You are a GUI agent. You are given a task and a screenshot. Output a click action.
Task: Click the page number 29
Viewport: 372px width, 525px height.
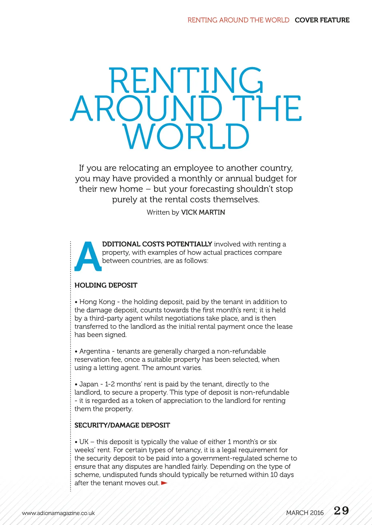341,511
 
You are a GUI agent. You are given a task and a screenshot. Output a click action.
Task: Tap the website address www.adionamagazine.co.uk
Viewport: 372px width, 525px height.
58,513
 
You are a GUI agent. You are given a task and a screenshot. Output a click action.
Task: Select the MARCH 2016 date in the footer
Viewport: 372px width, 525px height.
304,513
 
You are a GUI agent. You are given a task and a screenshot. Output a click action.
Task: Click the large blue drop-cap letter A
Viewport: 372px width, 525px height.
88,256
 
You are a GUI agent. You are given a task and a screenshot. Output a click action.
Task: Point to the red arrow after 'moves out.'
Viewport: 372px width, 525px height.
164,483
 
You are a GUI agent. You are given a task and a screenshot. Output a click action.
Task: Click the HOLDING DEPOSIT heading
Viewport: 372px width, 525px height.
106,285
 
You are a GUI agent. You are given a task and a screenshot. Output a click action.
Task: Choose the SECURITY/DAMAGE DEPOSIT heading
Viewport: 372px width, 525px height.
122,425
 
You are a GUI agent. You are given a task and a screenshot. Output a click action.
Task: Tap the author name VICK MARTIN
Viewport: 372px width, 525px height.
203,212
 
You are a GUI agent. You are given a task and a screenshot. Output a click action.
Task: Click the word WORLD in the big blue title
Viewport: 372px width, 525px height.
186,137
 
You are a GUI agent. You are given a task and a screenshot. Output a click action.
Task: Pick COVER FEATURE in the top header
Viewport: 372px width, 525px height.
322,20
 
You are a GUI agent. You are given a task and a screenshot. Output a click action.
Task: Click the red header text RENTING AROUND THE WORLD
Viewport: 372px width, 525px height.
238,20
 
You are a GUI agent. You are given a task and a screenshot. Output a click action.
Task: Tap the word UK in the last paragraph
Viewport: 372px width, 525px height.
84,442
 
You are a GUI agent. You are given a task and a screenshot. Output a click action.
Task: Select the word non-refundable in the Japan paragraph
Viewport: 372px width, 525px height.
267,392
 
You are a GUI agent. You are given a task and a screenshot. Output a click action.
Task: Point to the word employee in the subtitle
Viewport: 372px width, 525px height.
199,168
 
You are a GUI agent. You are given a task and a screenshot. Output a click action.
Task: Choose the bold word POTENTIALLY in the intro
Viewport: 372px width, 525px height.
189,244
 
